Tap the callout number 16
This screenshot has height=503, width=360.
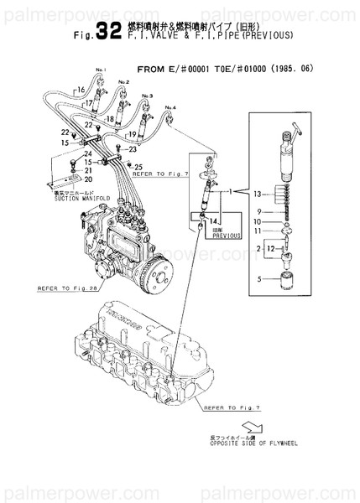tap(81, 88)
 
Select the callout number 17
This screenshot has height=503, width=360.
tap(88, 105)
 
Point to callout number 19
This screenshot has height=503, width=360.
tap(131, 134)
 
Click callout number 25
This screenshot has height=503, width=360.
tap(139, 166)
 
